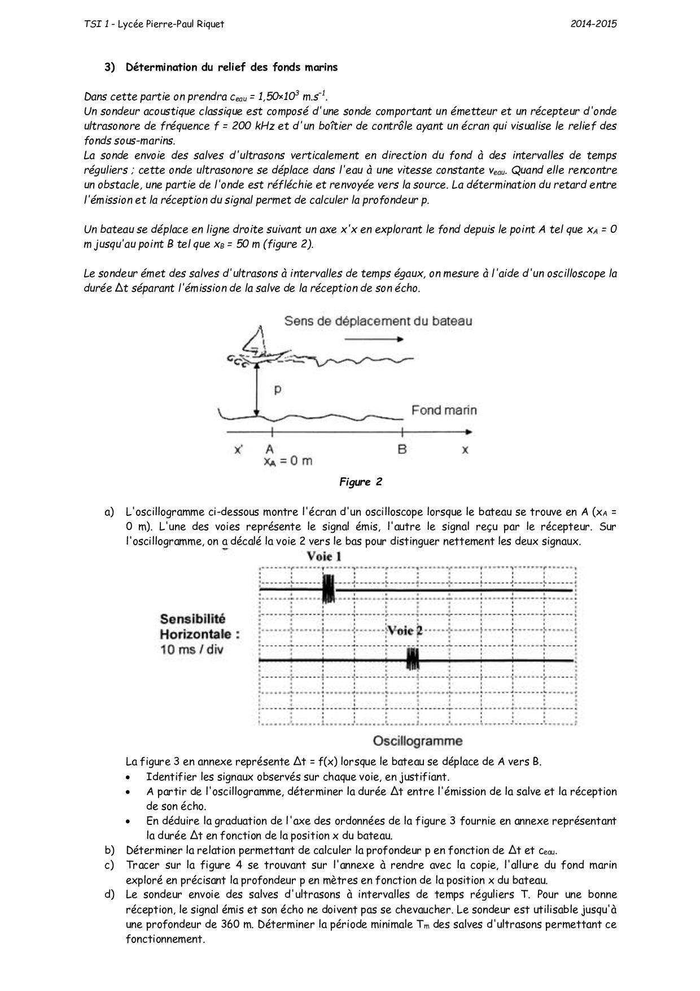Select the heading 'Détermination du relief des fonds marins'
231,67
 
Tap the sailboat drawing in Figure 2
256,345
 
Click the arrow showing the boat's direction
374,339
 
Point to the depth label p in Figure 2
277,390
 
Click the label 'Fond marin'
444,410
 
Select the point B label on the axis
402,450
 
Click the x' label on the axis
239,450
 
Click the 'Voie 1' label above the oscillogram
324,557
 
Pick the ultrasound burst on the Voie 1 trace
328,589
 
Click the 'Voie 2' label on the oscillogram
404,631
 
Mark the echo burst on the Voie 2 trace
413,659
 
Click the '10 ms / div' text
192,649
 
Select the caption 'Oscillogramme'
417,741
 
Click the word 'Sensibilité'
193,619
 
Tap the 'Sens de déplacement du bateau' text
378,321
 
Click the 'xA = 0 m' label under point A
287,461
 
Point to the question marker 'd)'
109,894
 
